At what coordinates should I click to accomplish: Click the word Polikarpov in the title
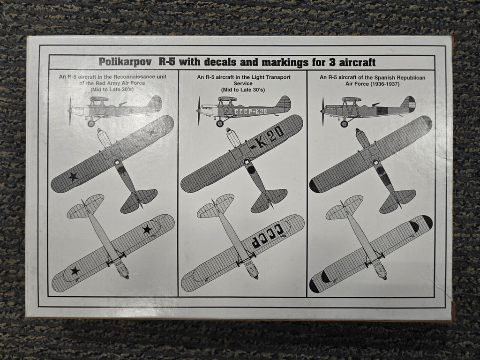coord(125,62)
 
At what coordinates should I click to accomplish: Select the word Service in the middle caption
coord(243,83)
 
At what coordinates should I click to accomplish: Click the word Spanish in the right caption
coord(383,77)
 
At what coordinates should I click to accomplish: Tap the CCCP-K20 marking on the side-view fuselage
coord(251,112)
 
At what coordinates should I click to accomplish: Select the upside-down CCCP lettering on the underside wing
coord(267,236)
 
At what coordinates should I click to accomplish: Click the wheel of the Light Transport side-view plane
coord(220,123)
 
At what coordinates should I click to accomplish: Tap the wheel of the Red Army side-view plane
coord(91,123)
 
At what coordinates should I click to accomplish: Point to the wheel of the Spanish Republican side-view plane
coord(345,124)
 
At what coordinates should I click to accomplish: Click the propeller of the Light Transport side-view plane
coord(199,111)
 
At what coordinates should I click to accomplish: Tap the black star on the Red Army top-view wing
coord(73,177)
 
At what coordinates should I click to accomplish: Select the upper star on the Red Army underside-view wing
coord(147,229)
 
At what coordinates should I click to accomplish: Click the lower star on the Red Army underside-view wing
coord(75,271)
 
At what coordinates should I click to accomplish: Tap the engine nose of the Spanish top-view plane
coord(362,138)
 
